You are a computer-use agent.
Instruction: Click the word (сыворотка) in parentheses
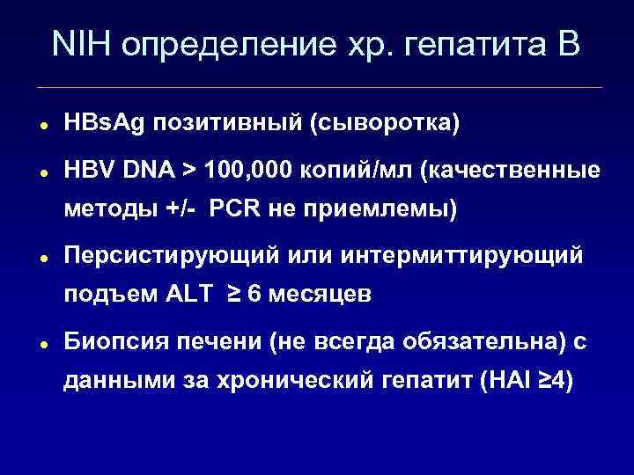pyautogui.click(x=383, y=124)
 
